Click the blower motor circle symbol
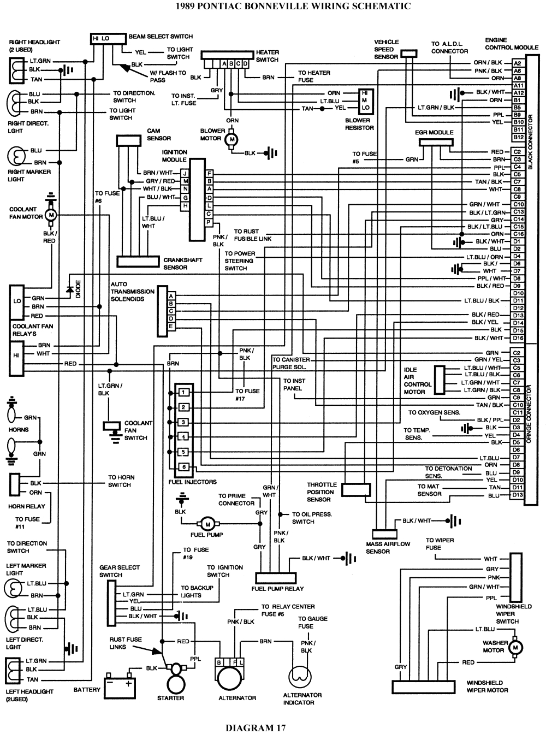click(x=231, y=139)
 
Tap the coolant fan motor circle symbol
click(x=51, y=215)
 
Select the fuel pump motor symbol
click(x=208, y=524)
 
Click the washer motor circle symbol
click(x=514, y=647)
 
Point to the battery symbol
click(x=120, y=683)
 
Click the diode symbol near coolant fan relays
click(x=69, y=289)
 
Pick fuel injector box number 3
click(x=184, y=423)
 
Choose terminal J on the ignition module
click(x=186, y=173)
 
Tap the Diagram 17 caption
click(x=255, y=727)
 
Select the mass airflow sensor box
click(x=385, y=534)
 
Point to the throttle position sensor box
click(x=355, y=489)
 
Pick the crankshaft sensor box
click(x=138, y=262)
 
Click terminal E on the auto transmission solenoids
click(x=171, y=326)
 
